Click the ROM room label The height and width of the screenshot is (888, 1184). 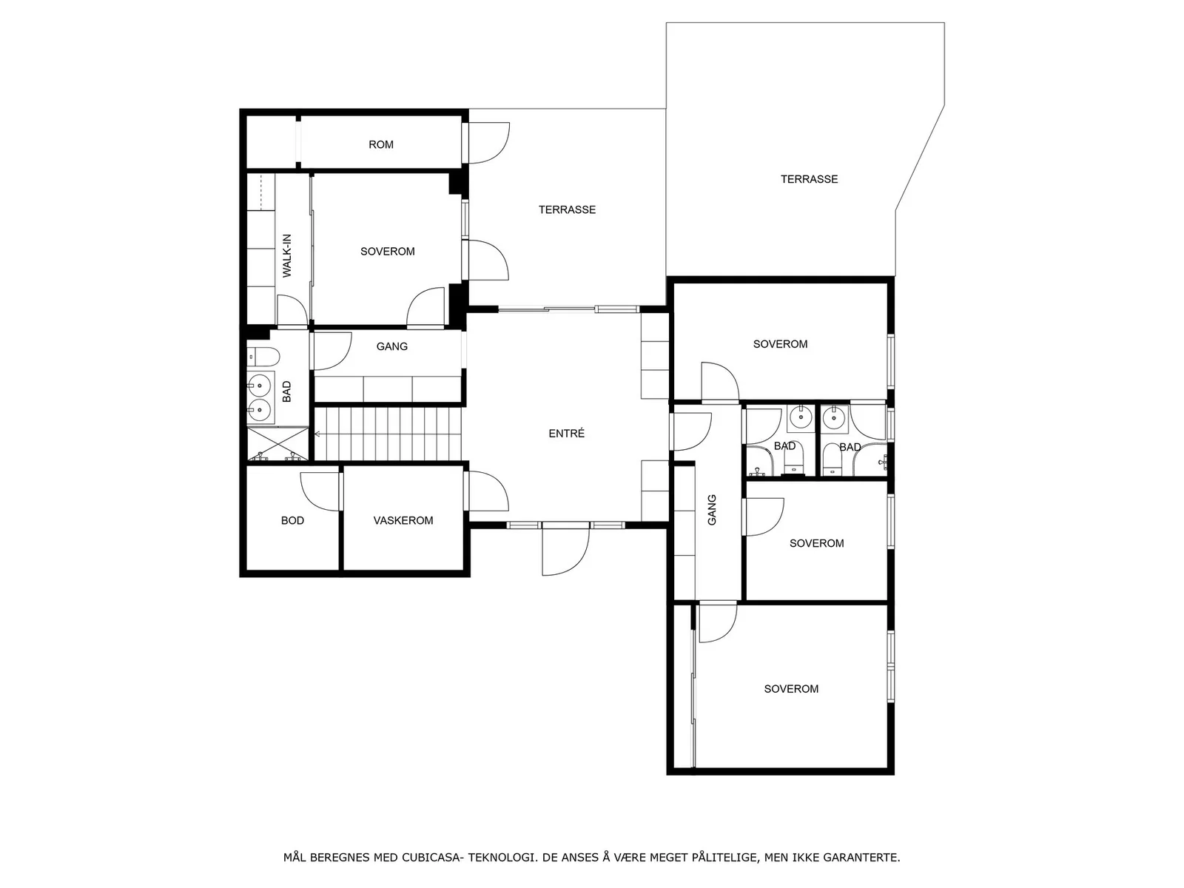point(381,144)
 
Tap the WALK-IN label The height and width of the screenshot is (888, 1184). point(287,255)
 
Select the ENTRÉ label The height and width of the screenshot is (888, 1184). point(566,433)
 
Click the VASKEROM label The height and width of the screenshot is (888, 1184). point(403,520)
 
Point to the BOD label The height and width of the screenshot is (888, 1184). point(292,520)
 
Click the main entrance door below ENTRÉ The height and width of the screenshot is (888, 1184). point(565,549)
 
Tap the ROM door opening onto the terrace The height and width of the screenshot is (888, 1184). point(488,143)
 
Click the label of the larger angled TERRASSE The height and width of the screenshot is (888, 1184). point(809,179)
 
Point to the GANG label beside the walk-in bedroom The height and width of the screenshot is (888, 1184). point(391,346)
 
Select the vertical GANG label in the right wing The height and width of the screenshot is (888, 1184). point(712,510)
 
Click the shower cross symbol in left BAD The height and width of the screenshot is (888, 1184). point(277,443)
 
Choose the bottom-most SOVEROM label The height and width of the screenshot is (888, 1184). point(791,688)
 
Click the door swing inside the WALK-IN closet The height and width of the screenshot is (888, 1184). point(292,311)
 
